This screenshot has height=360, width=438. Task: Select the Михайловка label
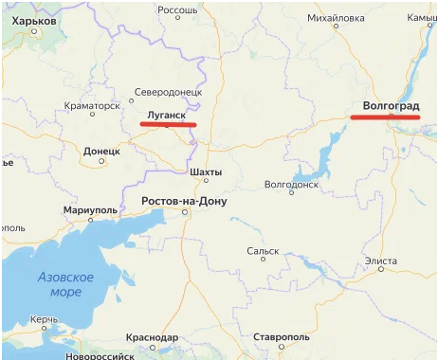point(337,18)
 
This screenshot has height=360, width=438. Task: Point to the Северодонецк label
point(169,92)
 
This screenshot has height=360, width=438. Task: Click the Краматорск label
point(92,106)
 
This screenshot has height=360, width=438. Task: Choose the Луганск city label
point(163,114)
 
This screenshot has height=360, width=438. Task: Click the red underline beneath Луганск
point(168,124)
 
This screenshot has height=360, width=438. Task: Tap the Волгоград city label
point(392,106)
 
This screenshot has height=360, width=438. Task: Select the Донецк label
point(101,151)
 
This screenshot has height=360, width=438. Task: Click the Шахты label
point(206,172)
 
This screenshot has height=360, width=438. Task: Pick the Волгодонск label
point(291,185)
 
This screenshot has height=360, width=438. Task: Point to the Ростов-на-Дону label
point(184,202)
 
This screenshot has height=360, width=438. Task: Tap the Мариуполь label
point(88,209)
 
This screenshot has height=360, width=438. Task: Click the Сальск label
point(263,251)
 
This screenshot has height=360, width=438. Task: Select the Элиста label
point(381,260)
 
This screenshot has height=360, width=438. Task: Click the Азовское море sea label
point(65,284)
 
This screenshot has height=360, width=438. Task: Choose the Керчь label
point(45,321)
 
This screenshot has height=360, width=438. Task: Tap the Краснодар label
point(151,337)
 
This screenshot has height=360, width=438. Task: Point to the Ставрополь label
point(282,337)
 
